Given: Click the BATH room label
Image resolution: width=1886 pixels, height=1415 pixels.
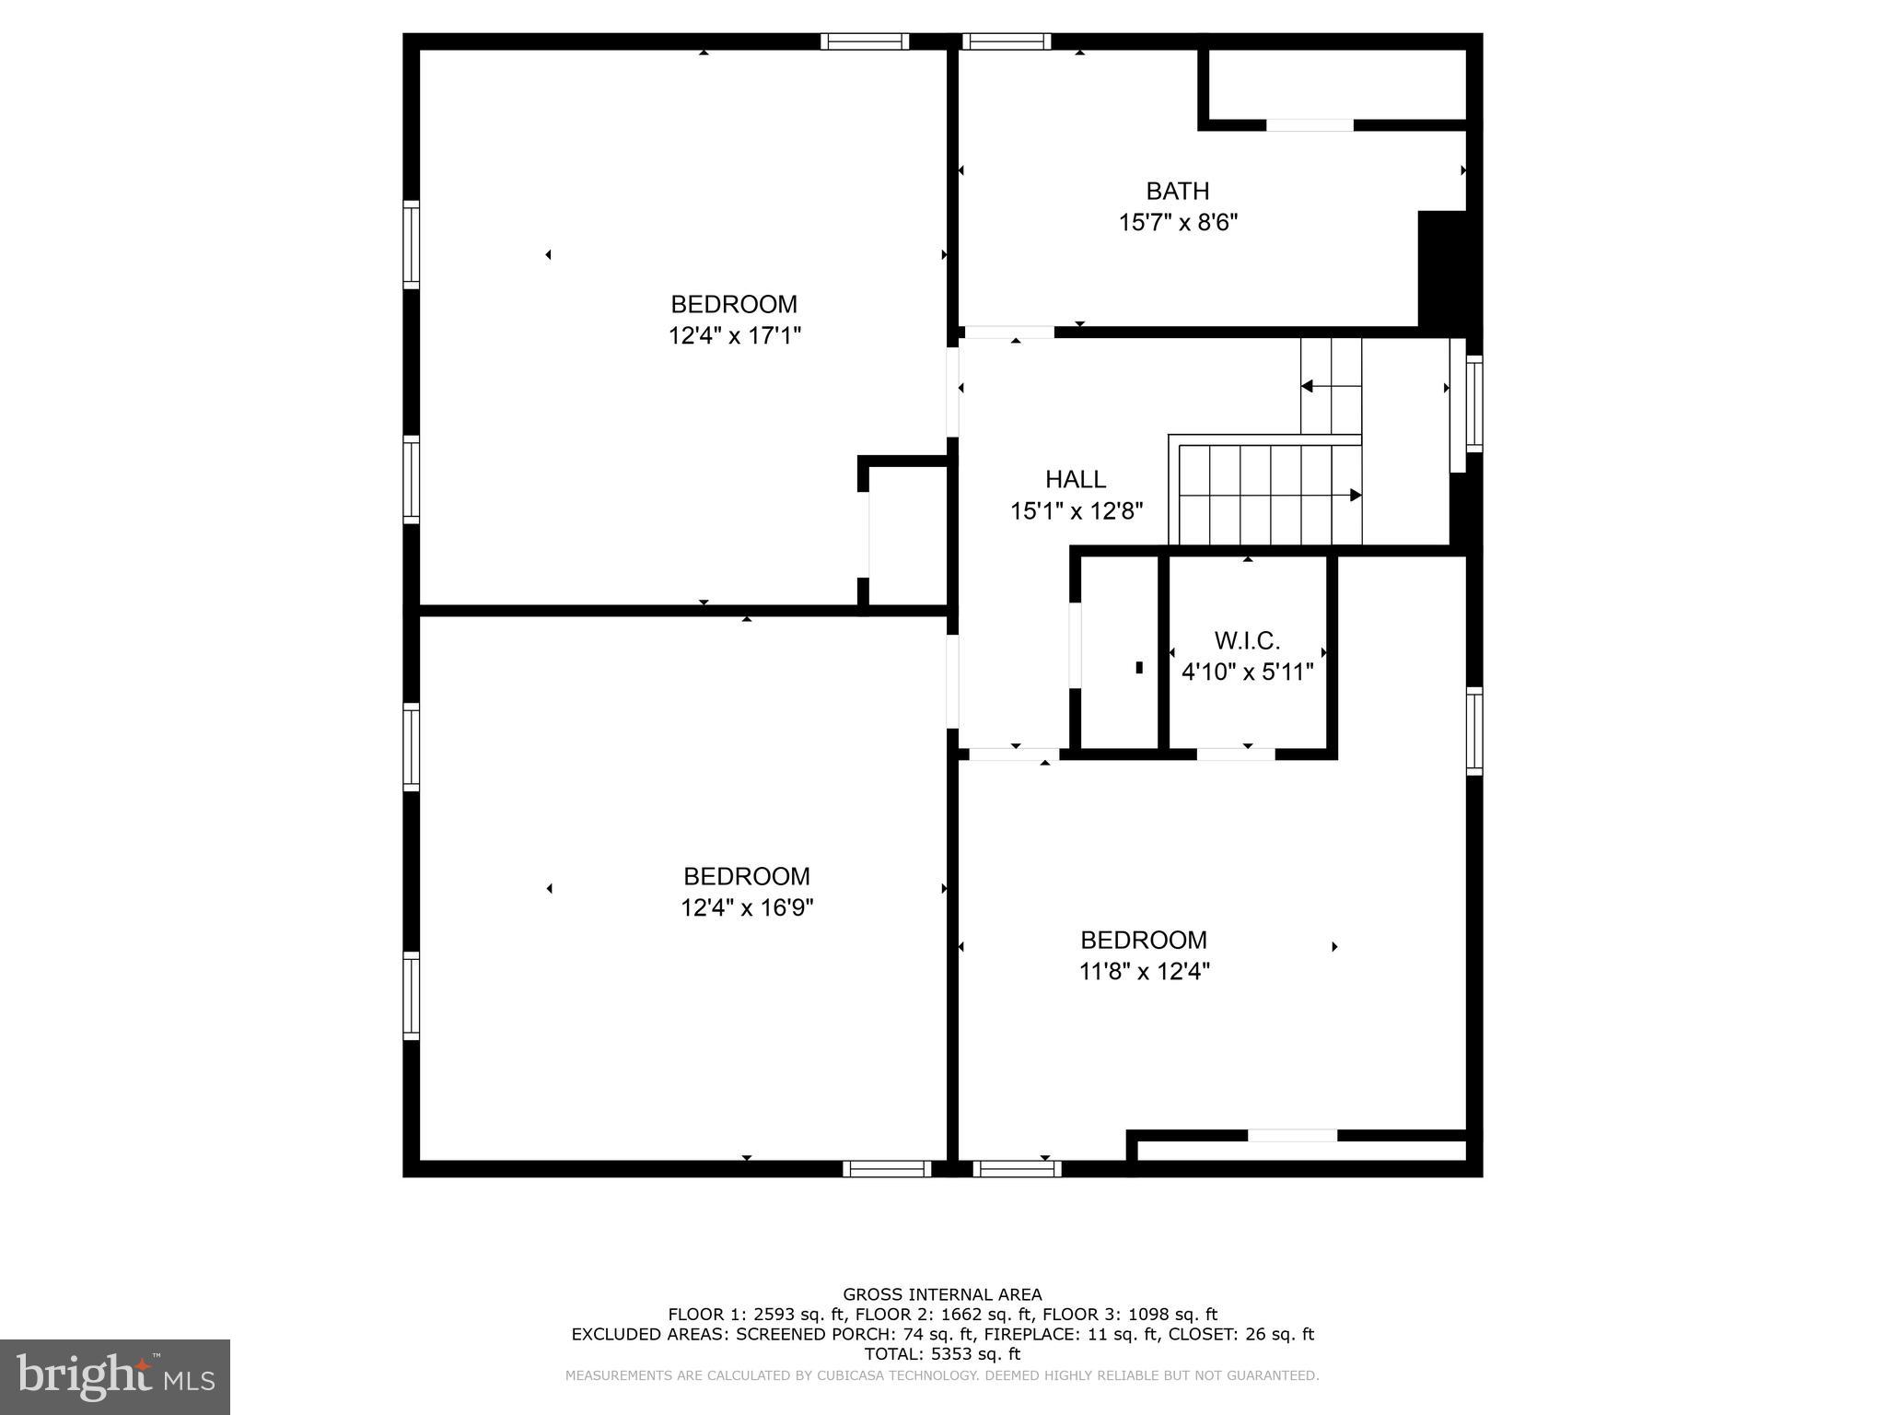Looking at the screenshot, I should pyautogui.click(x=1177, y=192).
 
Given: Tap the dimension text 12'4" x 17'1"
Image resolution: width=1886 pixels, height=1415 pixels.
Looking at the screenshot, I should pyautogui.click(x=734, y=336).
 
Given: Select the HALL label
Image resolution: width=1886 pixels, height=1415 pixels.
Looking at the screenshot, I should pyautogui.click(x=1075, y=479).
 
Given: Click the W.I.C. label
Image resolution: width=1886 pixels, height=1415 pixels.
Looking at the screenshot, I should pyautogui.click(x=1247, y=641).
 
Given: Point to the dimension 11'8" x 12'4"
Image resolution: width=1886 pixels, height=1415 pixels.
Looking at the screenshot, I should pyautogui.click(x=1144, y=972).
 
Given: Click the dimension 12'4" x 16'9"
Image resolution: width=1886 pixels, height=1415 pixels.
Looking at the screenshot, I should pyautogui.click(x=746, y=908).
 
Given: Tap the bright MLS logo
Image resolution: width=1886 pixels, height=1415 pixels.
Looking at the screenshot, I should pyautogui.click(x=115, y=1377).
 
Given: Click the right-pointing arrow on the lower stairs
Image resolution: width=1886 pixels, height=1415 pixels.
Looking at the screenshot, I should pyautogui.click(x=1355, y=496).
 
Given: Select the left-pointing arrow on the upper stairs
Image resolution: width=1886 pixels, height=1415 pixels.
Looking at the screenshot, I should pyautogui.click(x=1307, y=387).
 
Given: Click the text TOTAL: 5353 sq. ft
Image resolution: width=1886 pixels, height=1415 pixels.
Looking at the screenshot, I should pyautogui.click(x=942, y=1354).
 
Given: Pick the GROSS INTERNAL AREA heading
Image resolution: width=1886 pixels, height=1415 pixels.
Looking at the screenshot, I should pyautogui.click(x=942, y=1294).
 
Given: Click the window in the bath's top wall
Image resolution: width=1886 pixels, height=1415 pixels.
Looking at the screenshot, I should pyautogui.click(x=1006, y=41).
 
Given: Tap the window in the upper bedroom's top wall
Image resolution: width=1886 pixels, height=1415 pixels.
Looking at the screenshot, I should pyautogui.click(x=864, y=41).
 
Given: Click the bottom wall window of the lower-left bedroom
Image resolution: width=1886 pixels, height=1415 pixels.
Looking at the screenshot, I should pyautogui.click(x=887, y=1169).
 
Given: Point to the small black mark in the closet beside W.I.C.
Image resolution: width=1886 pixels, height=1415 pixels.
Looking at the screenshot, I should pyautogui.click(x=1139, y=668).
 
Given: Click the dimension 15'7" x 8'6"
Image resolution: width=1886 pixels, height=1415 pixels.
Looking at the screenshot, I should pyautogui.click(x=1177, y=223).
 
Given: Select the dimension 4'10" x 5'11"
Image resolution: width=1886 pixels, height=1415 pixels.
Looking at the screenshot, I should pyautogui.click(x=1247, y=672).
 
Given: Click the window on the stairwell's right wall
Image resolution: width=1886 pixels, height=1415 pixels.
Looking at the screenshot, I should pyautogui.click(x=1474, y=403).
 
